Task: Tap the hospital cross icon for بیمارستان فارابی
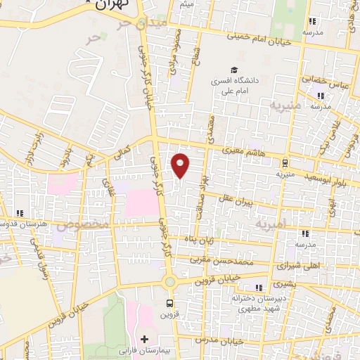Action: [144, 340]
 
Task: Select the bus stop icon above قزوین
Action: [169, 303]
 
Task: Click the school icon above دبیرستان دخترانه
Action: [260, 288]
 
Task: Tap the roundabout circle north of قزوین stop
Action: [169, 283]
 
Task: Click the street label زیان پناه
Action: [200, 241]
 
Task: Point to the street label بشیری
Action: [281, 284]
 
